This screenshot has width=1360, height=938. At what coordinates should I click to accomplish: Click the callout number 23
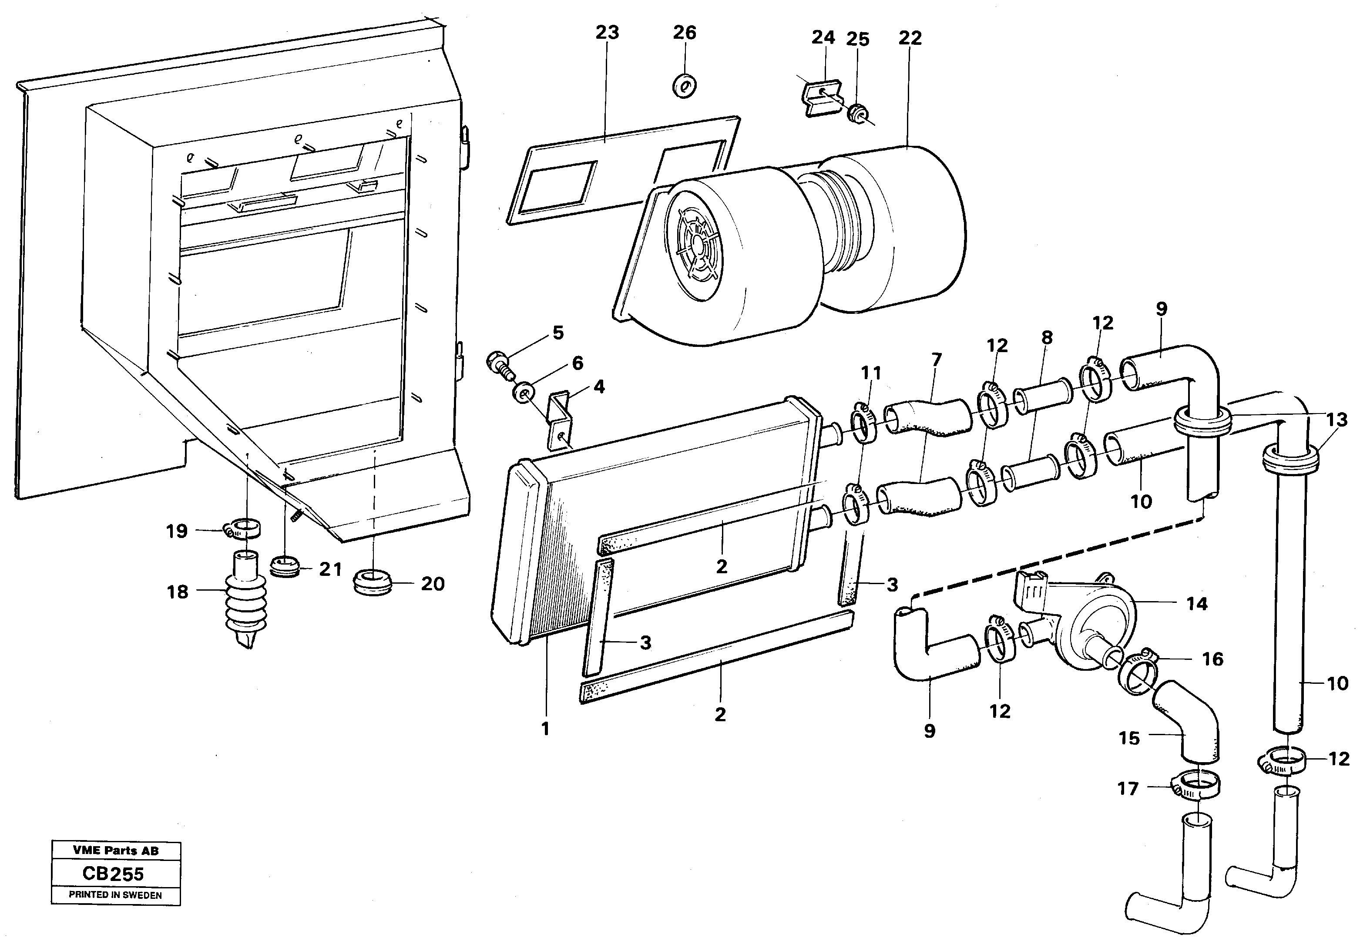point(607,32)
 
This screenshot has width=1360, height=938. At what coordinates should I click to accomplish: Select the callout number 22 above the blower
point(910,37)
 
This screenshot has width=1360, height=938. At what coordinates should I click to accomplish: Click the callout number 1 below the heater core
point(545,729)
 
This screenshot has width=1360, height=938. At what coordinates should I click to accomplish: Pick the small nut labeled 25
point(856,112)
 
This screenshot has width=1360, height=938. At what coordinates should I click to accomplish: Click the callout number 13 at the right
point(1336,420)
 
